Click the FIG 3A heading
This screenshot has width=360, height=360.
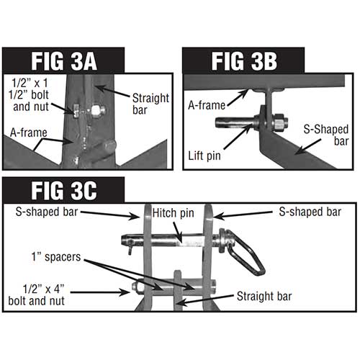[64, 61]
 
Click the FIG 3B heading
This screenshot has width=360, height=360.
[244, 61]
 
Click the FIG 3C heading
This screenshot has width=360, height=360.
[64, 191]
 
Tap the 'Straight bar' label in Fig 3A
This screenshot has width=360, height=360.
[150, 104]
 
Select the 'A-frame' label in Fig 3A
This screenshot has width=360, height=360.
[29, 132]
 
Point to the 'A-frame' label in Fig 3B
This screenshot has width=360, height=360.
[207, 105]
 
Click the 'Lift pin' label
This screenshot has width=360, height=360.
[204, 156]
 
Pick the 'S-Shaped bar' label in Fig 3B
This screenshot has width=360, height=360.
[326, 135]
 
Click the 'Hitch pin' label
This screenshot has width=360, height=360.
[173, 213]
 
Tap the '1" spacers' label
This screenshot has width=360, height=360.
[56, 257]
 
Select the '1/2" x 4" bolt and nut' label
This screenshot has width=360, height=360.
[37, 295]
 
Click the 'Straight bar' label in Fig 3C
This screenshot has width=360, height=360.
[264, 296]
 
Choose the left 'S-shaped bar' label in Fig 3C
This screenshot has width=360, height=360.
[47, 212]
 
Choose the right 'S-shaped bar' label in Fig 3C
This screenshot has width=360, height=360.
[310, 212]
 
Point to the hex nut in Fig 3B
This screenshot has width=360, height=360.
[279, 122]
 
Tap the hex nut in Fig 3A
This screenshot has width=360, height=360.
[97, 110]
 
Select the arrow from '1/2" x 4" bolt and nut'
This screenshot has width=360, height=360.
[100, 292]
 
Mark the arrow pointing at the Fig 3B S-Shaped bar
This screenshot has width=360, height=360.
[308, 146]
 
